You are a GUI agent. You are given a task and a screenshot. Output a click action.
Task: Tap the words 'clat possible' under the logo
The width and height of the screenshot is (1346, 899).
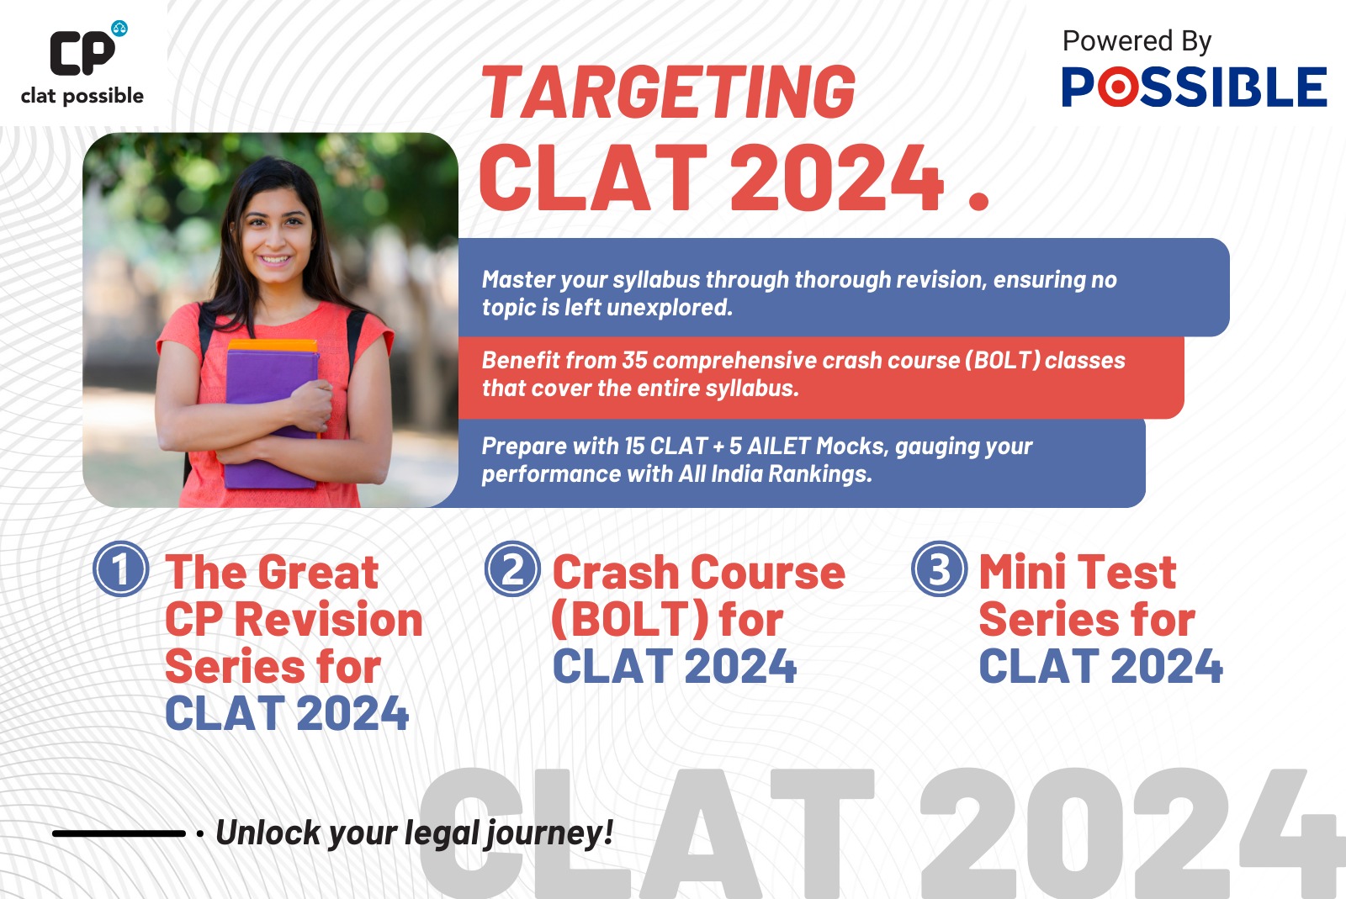(x=82, y=96)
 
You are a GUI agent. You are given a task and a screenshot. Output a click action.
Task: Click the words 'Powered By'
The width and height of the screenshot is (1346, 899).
(x=1137, y=41)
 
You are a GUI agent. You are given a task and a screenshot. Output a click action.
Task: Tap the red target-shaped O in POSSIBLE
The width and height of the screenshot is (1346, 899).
(x=1118, y=87)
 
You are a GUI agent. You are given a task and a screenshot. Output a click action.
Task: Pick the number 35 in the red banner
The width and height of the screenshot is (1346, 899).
(x=634, y=360)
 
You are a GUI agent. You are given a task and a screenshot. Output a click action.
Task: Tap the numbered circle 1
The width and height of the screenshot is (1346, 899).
(x=121, y=568)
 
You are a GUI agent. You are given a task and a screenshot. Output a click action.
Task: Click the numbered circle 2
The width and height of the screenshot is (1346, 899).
(x=512, y=568)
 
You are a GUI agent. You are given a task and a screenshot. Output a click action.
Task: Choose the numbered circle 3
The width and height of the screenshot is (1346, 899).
(x=939, y=568)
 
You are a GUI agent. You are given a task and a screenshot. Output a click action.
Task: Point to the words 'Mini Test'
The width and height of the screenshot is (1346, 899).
(x=1078, y=573)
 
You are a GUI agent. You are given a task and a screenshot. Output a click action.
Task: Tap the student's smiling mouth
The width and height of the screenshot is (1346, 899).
(x=275, y=260)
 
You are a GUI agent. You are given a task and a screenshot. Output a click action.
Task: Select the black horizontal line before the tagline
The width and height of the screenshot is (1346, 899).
(x=119, y=833)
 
